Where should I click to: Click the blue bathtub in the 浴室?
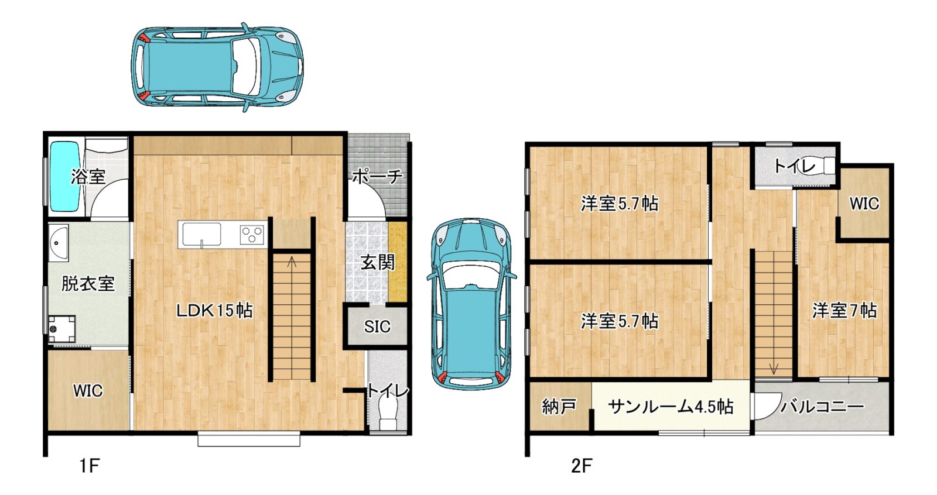pos(64,177)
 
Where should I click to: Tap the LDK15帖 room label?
pos(214,311)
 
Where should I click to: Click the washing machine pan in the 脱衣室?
pos(61,329)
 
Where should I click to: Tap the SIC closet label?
pos(377,326)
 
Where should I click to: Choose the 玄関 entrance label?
pos(378,263)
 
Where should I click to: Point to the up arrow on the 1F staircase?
pos(292,262)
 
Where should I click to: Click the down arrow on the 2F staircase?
pos(774,368)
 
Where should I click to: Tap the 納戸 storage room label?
pos(559,406)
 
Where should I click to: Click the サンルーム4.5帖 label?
pos(670,407)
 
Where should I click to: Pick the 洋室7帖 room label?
pos(844,311)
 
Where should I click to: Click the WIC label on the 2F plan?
pos(864,204)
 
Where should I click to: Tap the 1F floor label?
pos(90,465)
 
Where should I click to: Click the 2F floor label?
pos(582,465)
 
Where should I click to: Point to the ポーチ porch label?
pos(377,177)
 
